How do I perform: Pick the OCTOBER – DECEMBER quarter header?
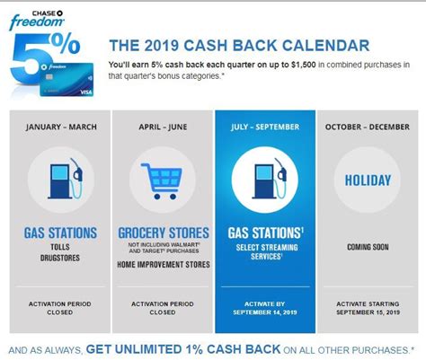coord(368,127)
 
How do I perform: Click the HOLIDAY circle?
coord(368,180)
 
